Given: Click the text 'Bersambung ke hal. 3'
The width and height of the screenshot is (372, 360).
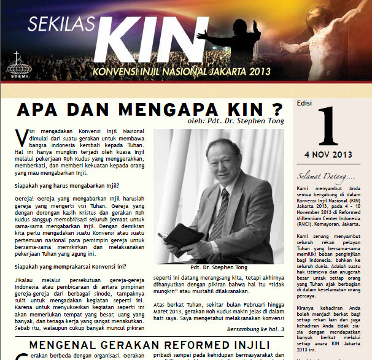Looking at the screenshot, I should tap(256, 329).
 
